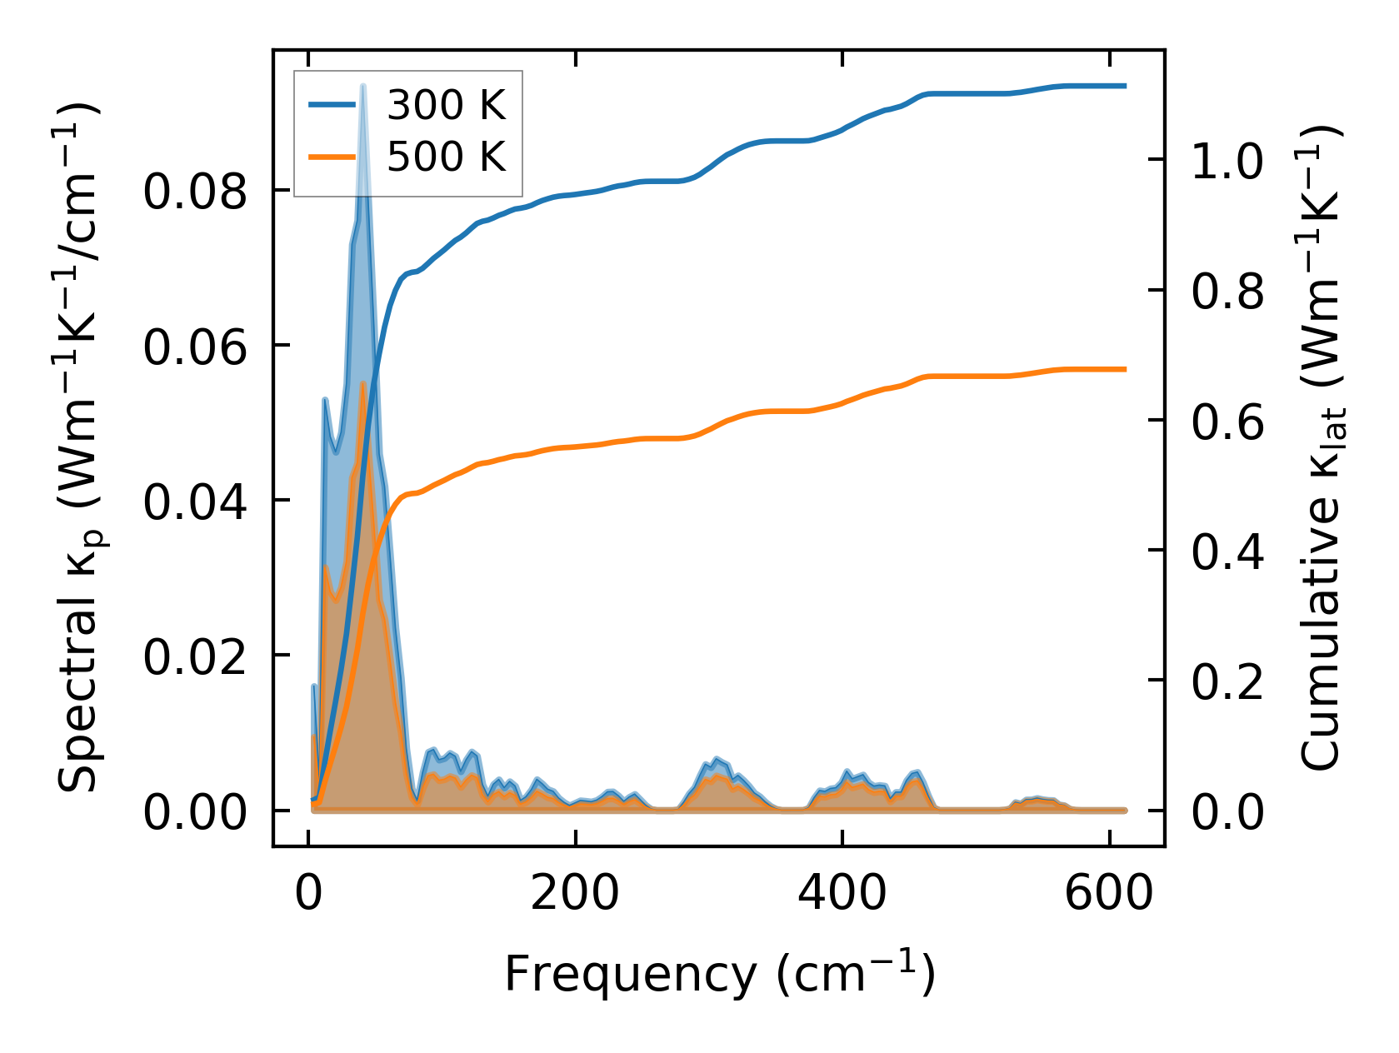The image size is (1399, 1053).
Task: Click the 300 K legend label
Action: tap(447, 106)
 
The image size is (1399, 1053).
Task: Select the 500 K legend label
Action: tap(447, 157)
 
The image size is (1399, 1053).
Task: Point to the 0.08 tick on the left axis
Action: tap(195, 192)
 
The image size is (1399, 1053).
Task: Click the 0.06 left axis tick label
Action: tap(195, 347)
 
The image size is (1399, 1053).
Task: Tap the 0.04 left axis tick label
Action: tap(195, 502)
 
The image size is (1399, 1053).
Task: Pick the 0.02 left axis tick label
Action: tap(195, 657)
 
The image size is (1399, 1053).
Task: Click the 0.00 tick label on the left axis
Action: tap(195, 812)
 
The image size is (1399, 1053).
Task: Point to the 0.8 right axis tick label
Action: tap(1227, 292)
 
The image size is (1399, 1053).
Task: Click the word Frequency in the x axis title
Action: tap(629, 974)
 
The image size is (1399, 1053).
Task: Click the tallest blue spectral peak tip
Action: tap(362, 86)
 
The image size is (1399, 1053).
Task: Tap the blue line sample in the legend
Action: tap(332, 105)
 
